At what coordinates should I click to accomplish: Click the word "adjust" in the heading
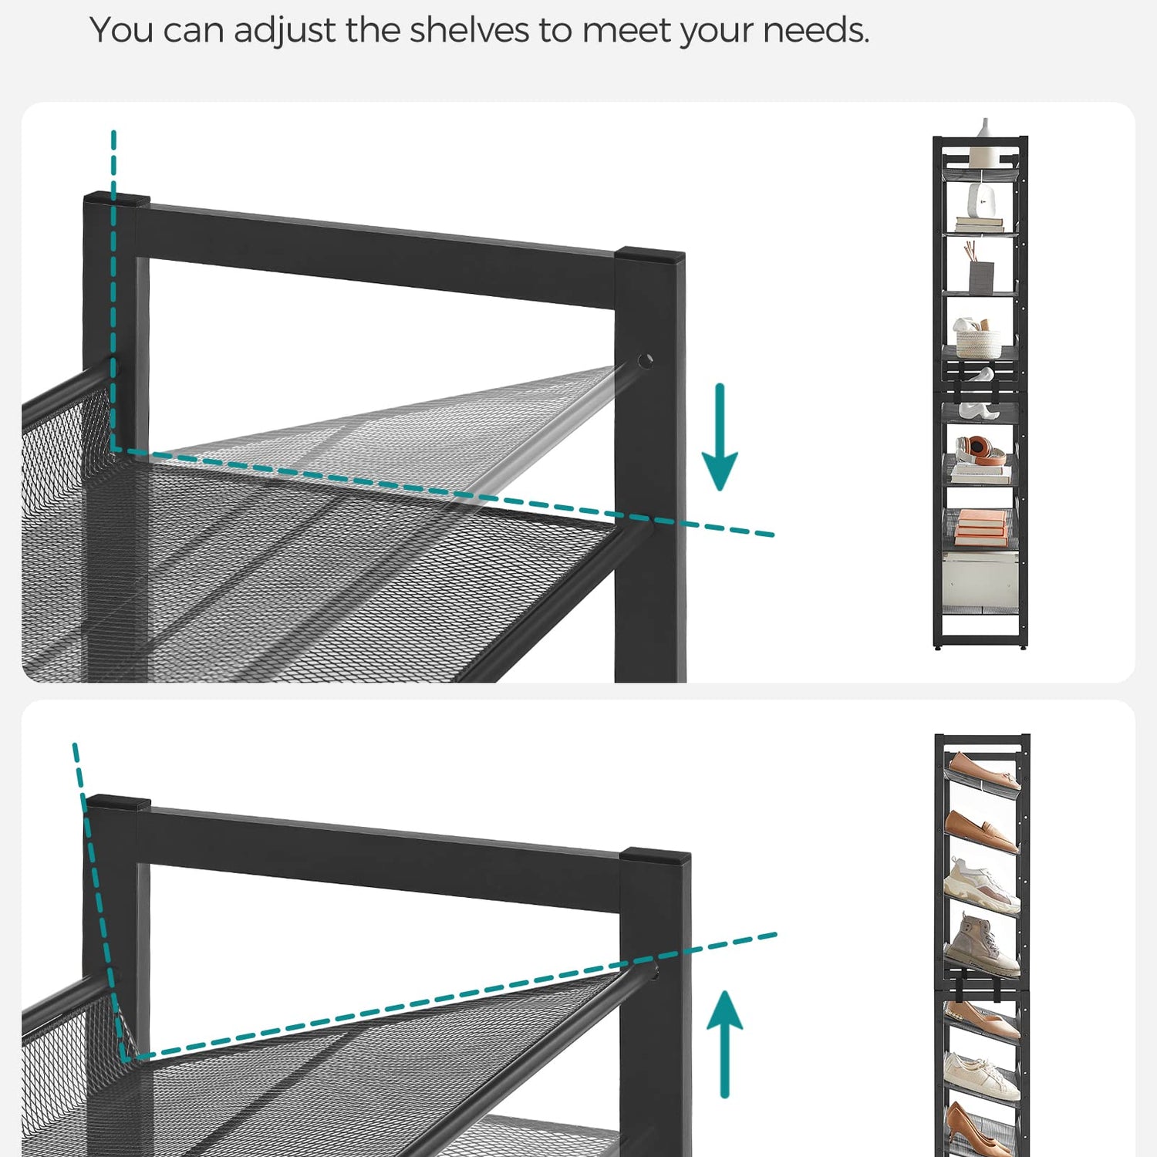285,32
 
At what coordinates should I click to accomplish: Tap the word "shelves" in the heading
469,30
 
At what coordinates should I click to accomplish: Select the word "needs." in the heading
816,30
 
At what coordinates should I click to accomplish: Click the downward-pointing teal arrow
720,437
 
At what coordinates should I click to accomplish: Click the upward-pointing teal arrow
725,1044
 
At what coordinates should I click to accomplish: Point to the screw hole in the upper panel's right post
645,360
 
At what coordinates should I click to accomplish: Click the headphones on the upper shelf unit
980,450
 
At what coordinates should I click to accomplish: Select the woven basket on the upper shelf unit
978,339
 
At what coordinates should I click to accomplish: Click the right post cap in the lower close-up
655,855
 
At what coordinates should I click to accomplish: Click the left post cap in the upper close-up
116,199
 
